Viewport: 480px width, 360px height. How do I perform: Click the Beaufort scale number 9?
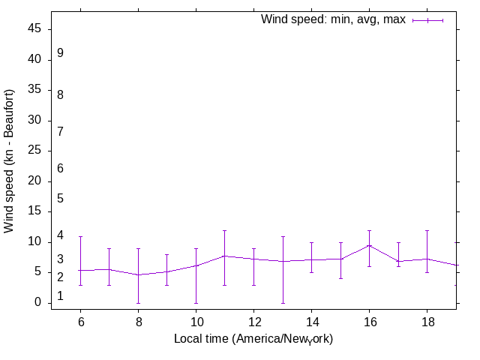click(60, 53)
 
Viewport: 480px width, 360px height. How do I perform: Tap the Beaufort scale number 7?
click(60, 131)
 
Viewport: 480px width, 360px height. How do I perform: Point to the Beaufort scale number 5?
click(60, 199)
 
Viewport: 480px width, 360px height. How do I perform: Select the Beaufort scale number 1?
click(60, 296)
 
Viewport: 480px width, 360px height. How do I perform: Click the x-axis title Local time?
click(253, 339)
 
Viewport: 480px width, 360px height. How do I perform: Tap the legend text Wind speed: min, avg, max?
click(333, 19)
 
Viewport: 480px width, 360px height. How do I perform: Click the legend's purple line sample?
click(427, 20)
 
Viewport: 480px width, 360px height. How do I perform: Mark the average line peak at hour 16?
click(369, 245)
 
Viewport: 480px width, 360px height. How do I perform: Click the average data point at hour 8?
click(138, 274)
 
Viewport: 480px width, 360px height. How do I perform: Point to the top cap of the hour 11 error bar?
click(224, 230)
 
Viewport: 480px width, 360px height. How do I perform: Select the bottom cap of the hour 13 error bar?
click(282, 303)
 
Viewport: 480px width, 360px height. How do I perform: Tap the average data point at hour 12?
click(253, 259)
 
